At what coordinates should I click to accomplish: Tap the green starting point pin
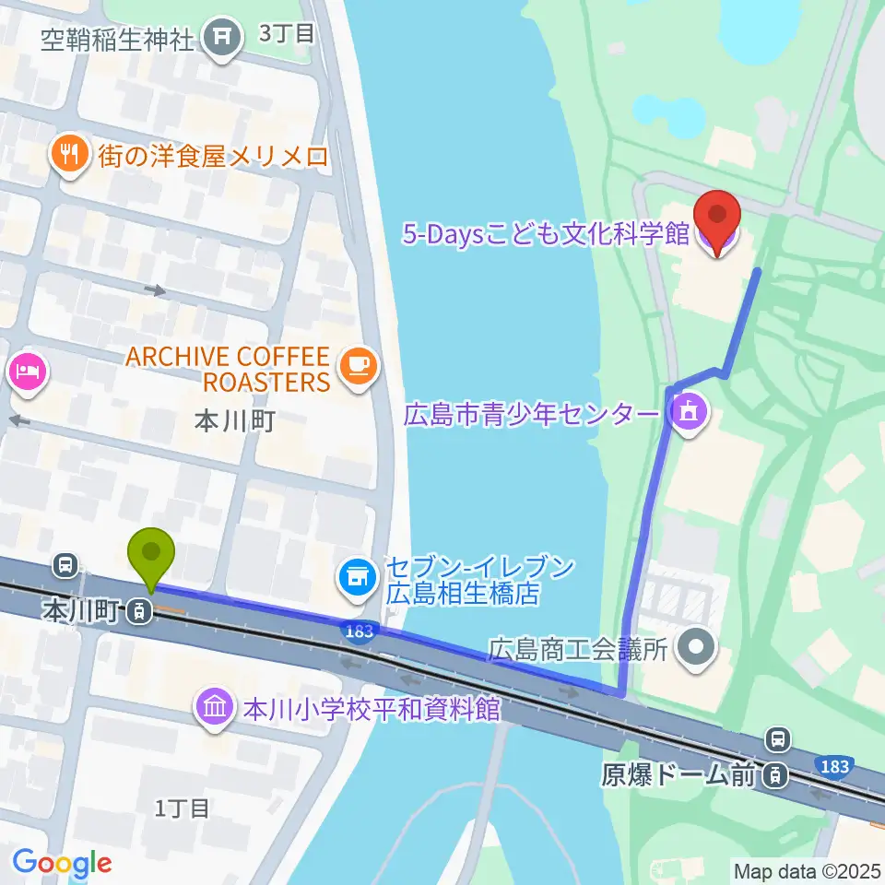(153, 555)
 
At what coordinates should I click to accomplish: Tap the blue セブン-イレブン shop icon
(358, 579)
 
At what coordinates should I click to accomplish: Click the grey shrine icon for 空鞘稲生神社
(222, 38)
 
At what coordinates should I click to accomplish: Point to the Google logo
(62, 862)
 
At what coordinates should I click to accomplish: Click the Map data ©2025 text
(807, 869)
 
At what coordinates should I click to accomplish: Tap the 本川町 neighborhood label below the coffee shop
(236, 421)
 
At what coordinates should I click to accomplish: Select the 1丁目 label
(182, 808)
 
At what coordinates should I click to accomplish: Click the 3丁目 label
(288, 33)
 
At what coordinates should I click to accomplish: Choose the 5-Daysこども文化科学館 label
(546, 233)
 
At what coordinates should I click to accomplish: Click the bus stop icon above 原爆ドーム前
(779, 738)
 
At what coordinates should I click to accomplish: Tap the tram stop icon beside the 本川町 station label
(140, 609)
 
